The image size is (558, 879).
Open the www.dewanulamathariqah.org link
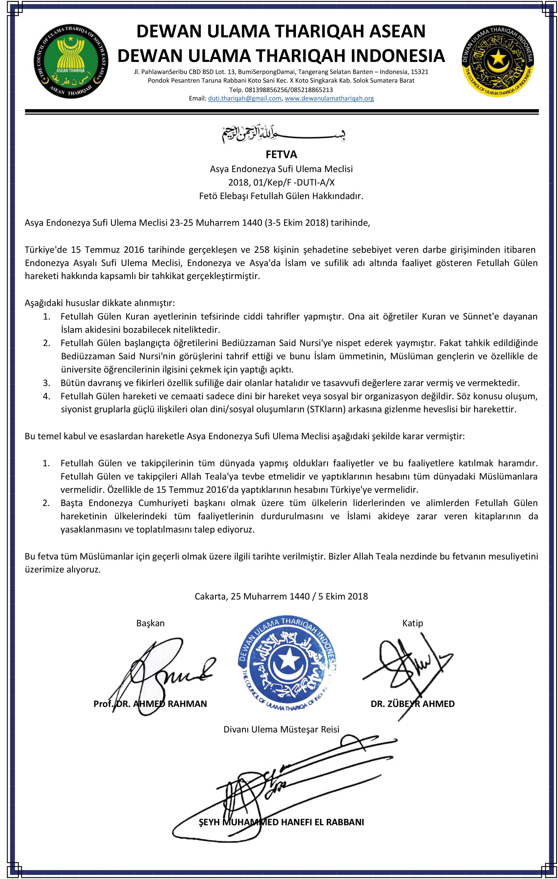[x=329, y=98]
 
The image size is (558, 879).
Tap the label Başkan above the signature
[x=150, y=623]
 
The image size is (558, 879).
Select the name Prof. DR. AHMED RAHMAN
[x=150, y=704]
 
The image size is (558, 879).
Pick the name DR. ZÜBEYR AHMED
[x=413, y=704]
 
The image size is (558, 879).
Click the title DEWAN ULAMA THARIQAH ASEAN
[x=281, y=31]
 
